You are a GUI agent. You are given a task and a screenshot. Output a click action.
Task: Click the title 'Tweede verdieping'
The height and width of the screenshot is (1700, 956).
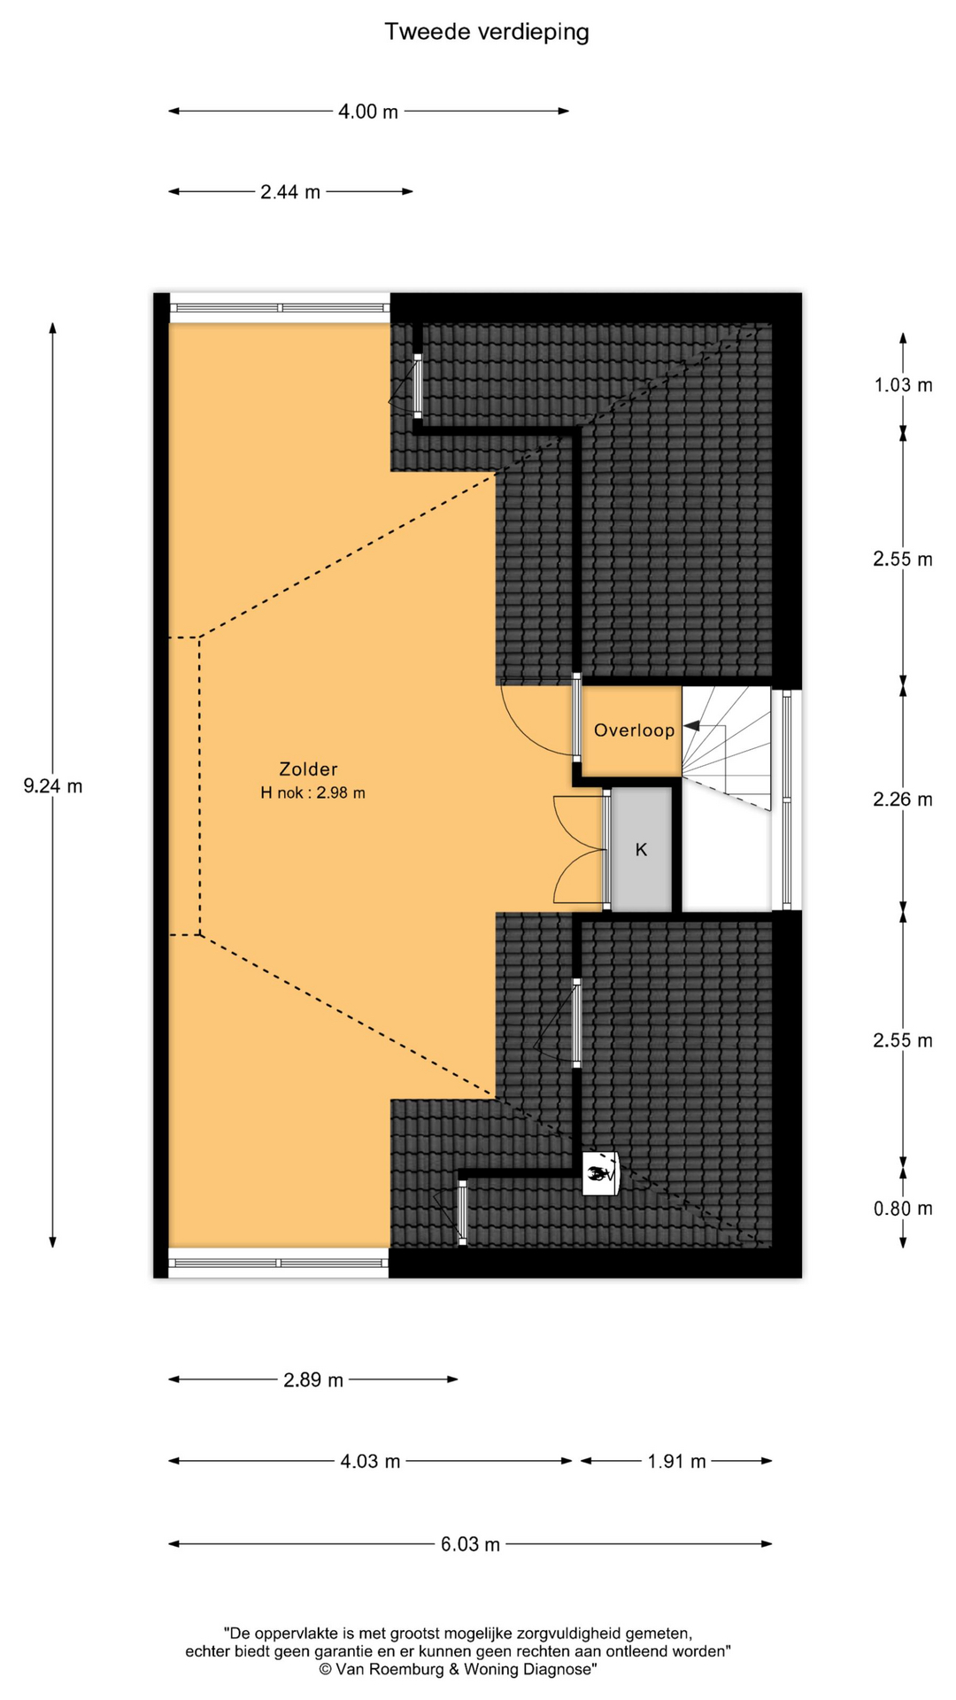point(487,33)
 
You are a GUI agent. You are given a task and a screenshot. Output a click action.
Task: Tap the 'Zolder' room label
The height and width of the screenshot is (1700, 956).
point(308,769)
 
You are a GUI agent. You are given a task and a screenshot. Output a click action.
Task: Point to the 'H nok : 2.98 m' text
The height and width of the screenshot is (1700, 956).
point(312,793)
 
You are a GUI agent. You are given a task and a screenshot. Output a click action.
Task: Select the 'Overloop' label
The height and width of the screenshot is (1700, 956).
point(634,730)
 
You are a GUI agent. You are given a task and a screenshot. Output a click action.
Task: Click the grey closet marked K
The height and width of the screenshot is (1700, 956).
point(642,849)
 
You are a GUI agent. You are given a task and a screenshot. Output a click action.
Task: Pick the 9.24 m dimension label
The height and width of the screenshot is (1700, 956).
point(53,785)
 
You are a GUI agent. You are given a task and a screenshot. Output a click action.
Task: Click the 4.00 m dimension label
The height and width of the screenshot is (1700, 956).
point(368,112)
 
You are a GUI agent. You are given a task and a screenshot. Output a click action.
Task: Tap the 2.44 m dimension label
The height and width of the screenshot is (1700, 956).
point(290,192)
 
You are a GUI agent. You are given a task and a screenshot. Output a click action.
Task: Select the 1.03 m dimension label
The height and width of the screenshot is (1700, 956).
point(903,385)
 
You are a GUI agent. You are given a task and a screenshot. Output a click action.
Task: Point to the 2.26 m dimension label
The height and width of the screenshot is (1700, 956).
point(903,800)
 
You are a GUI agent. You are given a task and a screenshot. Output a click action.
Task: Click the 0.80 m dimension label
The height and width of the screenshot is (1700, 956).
point(903,1209)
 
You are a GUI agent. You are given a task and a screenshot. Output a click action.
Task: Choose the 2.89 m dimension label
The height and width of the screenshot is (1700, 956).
point(313,1380)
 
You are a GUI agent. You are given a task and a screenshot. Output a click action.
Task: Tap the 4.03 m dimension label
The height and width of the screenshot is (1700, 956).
point(370,1462)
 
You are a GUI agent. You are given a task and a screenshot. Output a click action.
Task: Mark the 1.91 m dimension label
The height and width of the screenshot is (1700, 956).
point(677,1462)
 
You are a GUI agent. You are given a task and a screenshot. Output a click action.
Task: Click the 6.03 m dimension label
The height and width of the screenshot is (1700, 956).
point(470,1545)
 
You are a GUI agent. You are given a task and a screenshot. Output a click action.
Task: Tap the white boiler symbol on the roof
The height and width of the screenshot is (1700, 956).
point(599,1174)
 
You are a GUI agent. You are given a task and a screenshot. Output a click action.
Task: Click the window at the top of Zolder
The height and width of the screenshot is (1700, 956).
point(280,308)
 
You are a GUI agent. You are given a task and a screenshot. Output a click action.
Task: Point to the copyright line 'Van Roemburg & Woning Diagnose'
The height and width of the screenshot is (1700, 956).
point(458,1669)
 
